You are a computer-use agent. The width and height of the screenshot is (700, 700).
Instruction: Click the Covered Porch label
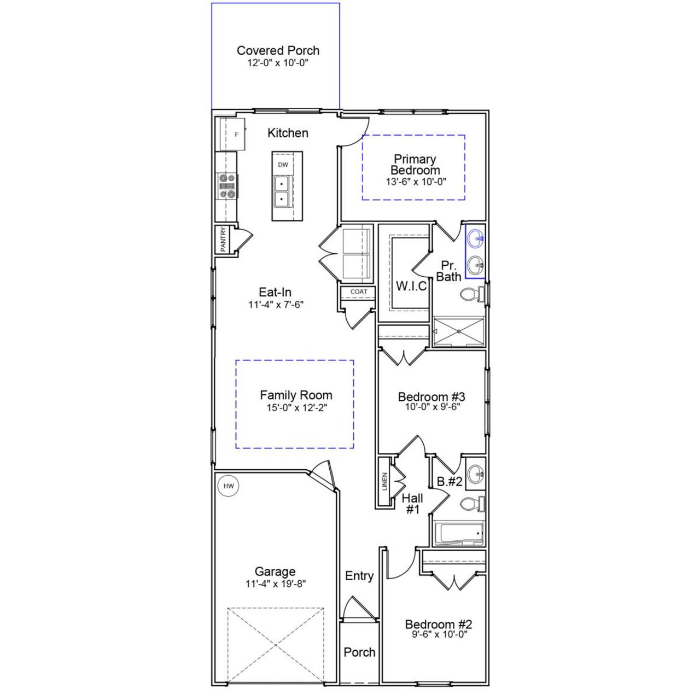(278, 50)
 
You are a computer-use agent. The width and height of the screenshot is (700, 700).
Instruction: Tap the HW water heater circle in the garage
(229, 486)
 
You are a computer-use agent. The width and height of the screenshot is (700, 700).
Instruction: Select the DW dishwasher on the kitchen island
(283, 165)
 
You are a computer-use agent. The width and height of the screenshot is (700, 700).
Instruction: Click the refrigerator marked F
(233, 134)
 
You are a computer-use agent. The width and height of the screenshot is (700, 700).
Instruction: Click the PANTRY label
(223, 240)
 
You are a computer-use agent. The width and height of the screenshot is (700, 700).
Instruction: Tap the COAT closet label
(359, 291)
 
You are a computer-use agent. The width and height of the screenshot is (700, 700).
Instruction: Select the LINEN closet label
(385, 481)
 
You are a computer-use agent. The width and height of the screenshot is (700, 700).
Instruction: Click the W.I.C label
(411, 286)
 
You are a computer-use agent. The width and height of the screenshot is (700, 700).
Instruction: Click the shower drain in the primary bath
(458, 332)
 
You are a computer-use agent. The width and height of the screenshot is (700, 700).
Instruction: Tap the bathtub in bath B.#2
(459, 534)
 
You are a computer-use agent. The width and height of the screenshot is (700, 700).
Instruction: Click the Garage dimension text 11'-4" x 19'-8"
(275, 584)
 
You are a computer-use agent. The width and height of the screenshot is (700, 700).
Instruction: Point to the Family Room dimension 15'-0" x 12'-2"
(296, 407)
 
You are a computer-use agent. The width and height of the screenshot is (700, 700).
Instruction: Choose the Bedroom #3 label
(431, 397)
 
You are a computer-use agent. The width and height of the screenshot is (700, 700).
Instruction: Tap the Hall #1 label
(412, 504)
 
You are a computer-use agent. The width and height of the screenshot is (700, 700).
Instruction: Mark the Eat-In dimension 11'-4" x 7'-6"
(276, 305)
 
